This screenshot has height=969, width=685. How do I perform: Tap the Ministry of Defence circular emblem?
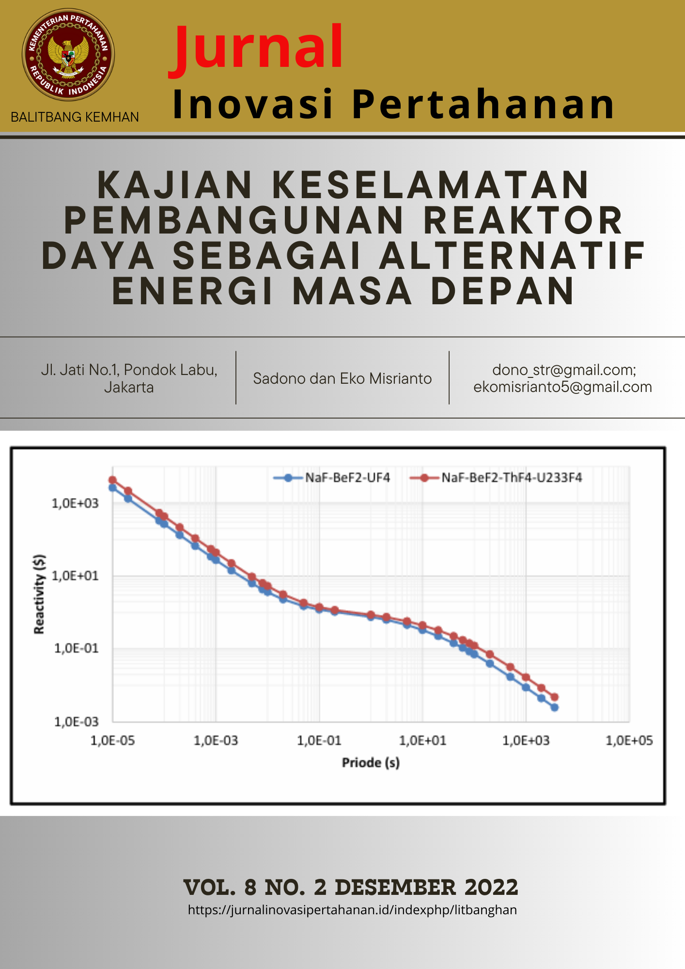(x=68, y=54)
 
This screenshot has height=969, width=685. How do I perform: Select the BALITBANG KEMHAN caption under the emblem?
(x=75, y=117)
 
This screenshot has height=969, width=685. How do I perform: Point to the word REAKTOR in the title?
(x=523, y=220)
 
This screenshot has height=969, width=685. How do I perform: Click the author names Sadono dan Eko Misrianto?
(x=342, y=378)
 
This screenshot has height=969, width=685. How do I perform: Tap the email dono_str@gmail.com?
(x=564, y=370)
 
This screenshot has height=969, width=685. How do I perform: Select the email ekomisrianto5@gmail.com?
(x=562, y=387)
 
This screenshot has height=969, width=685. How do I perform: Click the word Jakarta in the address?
(x=129, y=388)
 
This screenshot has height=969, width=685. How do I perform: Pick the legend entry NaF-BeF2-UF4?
(x=347, y=478)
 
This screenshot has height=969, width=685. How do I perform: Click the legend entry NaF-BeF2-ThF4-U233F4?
(x=511, y=478)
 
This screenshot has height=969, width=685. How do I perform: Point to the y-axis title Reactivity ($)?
(x=39, y=594)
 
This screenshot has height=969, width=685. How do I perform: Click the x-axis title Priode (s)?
(x=371, y=763)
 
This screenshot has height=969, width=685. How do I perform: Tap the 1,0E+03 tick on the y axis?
(x=75, y=503)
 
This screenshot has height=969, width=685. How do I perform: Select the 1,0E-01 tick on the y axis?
(x=76, y=648)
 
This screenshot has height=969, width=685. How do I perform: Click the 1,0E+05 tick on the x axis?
(x=629, y=740)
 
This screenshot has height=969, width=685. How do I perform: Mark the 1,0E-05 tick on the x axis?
(x=113, y=740)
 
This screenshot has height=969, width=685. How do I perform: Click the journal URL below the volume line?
(x=352, y=910)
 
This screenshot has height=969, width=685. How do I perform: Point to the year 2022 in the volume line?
(x=491, y=888)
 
